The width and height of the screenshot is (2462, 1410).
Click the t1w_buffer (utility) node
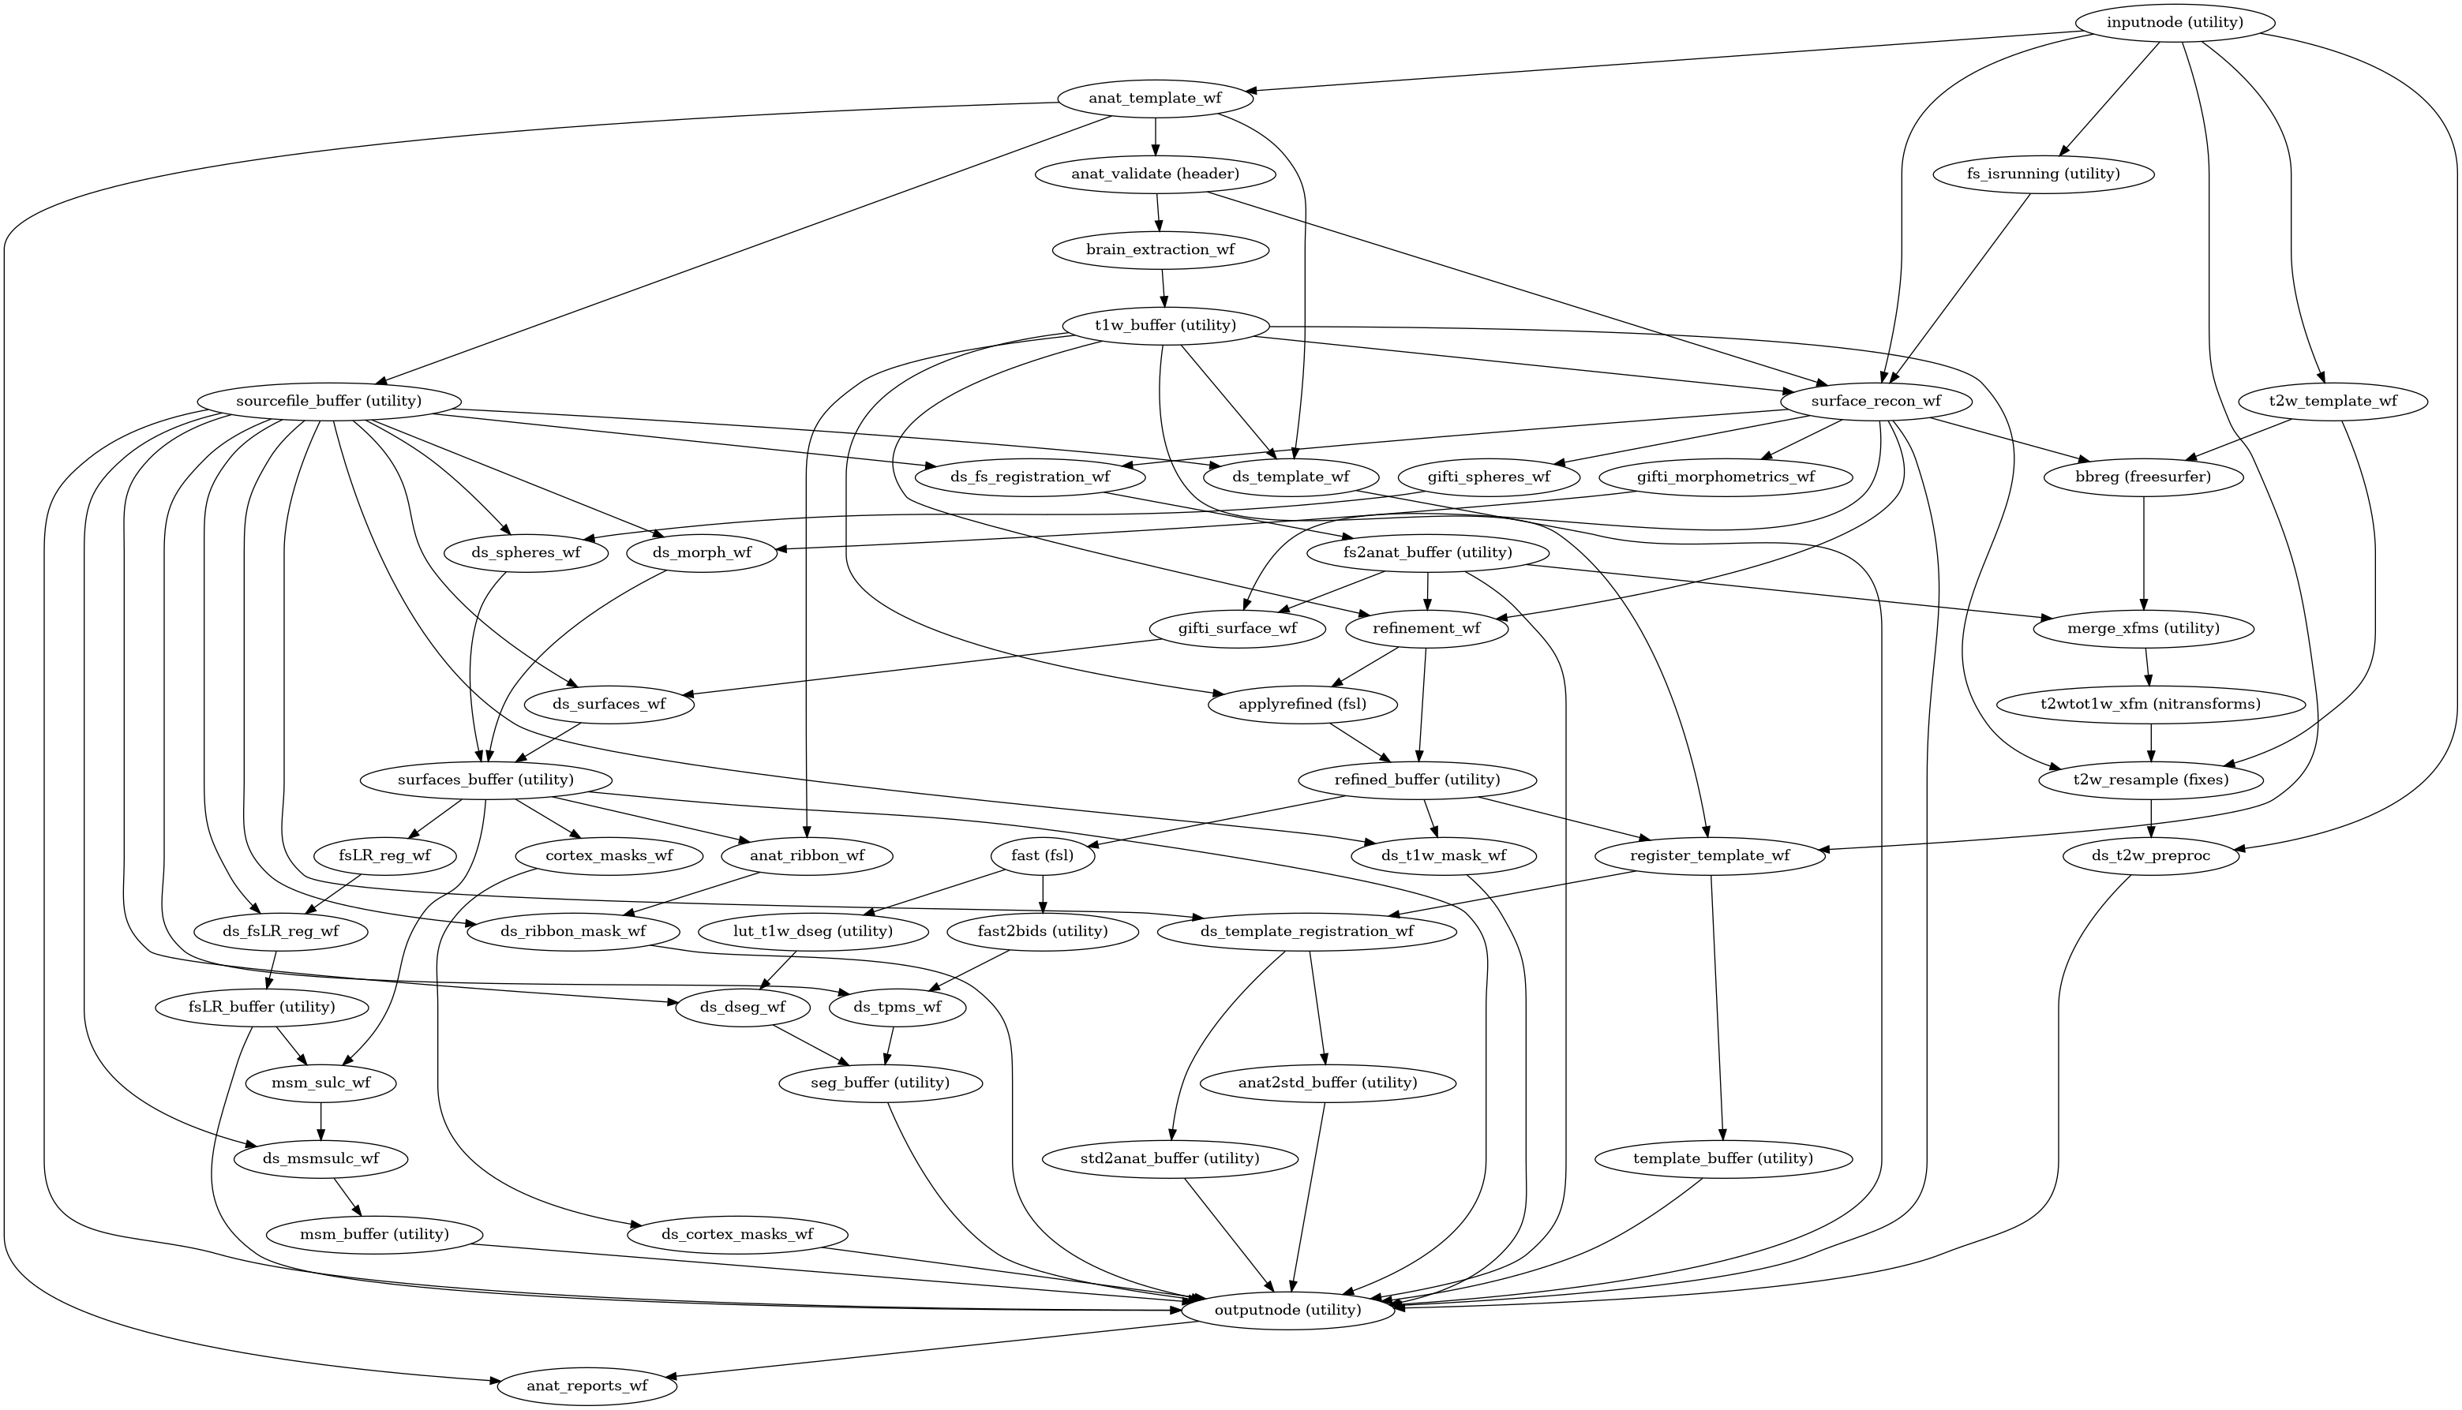click(1165, 325)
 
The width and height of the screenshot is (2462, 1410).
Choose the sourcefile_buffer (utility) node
click(328, 401)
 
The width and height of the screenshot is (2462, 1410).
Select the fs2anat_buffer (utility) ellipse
click(1428, 553)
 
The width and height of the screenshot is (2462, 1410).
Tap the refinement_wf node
click(1428, 629)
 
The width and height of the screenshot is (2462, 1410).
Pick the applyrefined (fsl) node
click(1302, 704)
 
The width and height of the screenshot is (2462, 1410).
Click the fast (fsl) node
click(1041, 856)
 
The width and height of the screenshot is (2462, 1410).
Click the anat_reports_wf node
click(587, 1386)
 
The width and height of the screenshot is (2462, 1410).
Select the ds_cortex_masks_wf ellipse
click(737, 1235)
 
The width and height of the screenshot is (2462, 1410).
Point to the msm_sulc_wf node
click(320, 1083)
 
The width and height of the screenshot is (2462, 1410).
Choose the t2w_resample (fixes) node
click(2151, 780)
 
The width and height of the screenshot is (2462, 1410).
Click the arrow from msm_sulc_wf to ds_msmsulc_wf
click(320, 1120)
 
